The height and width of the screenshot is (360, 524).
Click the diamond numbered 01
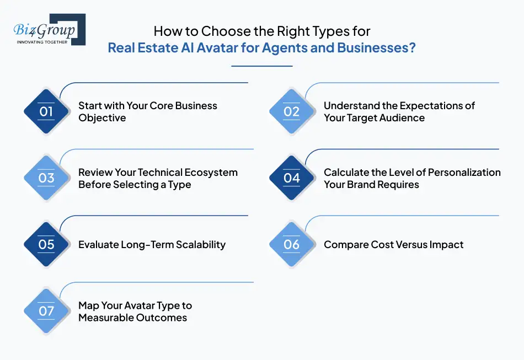[x=46, y=112]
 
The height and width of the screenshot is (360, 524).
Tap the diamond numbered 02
[x=291, y=112]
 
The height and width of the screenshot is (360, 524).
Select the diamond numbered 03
[x=46, y=178]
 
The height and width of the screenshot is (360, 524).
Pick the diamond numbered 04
[x=291, y=178]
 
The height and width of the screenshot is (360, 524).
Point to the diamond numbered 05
[x=46, y=245]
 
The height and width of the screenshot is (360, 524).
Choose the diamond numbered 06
[x=291, y=245]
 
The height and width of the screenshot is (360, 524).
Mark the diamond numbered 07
[x=46, y=311]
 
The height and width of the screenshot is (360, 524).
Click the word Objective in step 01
[x=102, y=118]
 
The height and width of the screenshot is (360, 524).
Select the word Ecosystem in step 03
[x=210, y=173]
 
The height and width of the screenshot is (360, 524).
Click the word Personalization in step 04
[x=464, y=173]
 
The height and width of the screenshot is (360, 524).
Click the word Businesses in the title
[x=372, y=48]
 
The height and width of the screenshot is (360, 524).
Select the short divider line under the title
[x=261, y=66]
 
